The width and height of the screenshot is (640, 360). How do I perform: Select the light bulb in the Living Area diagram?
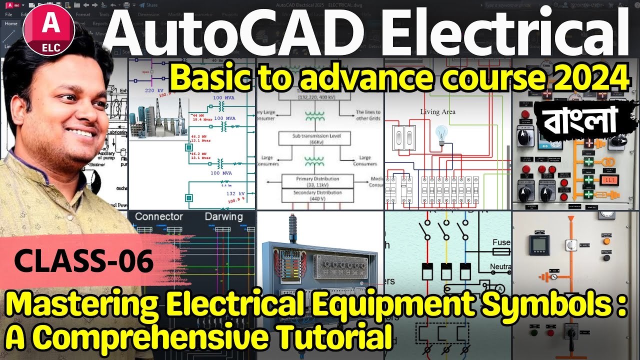point(441,134)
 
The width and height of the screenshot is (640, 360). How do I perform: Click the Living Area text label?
point(437,112)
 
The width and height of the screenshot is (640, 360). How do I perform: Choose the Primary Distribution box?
point(317,181)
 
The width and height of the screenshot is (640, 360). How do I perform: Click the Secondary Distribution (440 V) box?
point(317,195)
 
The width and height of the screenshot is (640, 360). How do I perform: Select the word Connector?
point(159,217)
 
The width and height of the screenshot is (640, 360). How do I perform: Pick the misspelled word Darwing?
point(223,217)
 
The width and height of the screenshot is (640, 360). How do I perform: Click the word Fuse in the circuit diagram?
point(501,242)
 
